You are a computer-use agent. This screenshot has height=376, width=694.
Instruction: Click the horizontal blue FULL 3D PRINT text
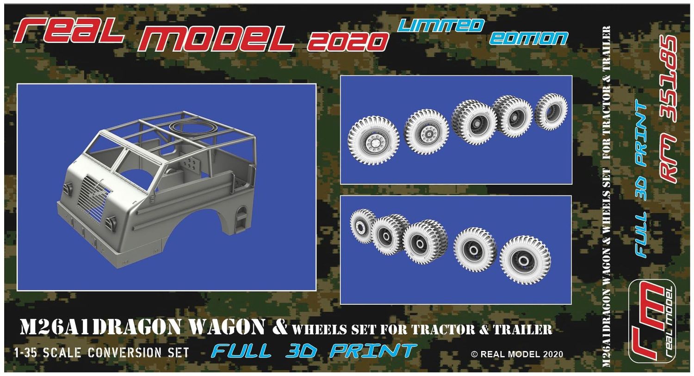pyautogui.click(x=314, y=351)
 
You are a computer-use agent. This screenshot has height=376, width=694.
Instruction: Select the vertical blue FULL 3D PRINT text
pyautogui.click(x=642, y=178)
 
